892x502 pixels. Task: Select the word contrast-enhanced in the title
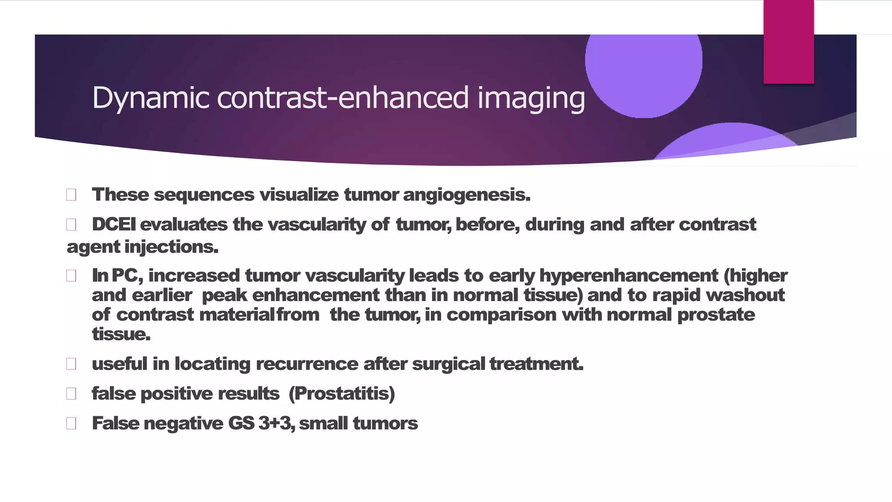click(x=343, y=98)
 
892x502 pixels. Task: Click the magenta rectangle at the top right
click(x=788, y=41)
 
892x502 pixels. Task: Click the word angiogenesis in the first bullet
click(x=466, y=195)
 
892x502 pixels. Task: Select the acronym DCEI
click(x=114, y=225)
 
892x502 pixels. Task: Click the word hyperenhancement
click(x=628, y=275)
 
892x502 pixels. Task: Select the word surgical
click(x=448, y=364)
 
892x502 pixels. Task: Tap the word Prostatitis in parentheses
click(x=342, y=394)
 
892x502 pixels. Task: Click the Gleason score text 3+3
click(x=275, y=424)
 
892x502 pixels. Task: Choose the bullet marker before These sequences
click(x=71, y=195)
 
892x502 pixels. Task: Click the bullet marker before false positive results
click(x=71, y=394)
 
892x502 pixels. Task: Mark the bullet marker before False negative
click(x=71, y=424)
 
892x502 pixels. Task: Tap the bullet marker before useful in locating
click(x=71, y=364)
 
